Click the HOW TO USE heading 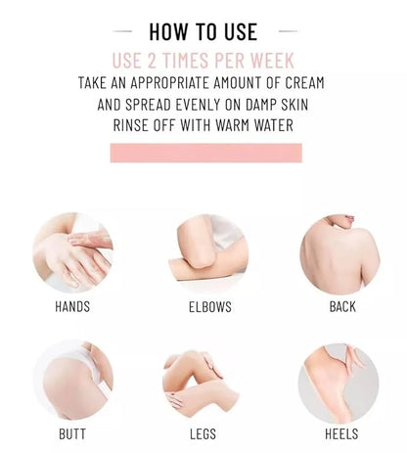203,31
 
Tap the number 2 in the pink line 152,61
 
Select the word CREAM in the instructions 305,83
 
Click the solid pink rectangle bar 206,153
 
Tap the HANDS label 72,307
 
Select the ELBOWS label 210,307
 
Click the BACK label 342,307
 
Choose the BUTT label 72,434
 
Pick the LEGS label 203,434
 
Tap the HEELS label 341,434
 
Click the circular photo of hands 72,252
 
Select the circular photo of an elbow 208,253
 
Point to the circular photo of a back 339,254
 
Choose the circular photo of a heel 339,384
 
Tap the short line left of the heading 122,31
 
